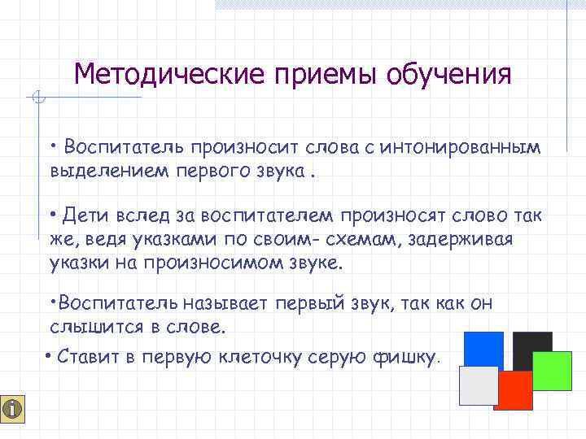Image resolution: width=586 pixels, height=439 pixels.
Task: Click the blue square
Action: pyautogui.click(x=483, y=349)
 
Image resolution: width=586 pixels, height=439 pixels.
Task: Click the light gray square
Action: pyautogui.click(x=479, y=385)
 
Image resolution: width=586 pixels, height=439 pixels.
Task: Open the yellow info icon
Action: pyautogui.click(x=14, y=410)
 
